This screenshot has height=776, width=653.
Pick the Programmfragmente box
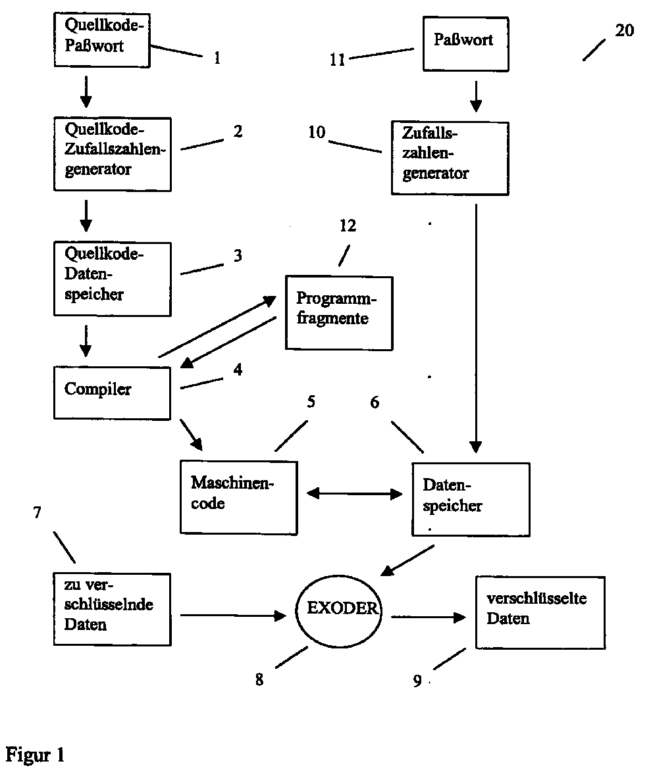pos(338,312)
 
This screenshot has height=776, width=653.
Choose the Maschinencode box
pos(238,497)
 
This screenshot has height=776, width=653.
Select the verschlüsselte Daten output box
pos(539,612)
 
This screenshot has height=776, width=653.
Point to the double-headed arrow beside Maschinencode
pos(354,493)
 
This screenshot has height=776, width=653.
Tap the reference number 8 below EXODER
pos(259,680)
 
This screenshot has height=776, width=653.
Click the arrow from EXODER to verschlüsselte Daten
pos(427,618)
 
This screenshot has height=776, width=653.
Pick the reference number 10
pos(317,132)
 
